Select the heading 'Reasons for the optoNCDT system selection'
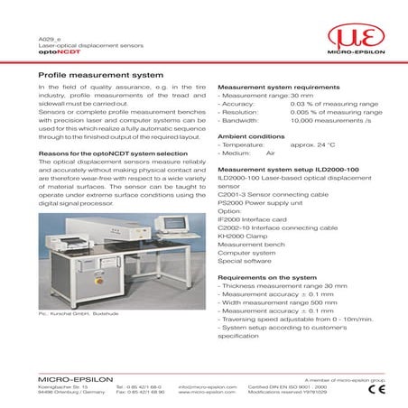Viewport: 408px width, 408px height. (x=113, y=153)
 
